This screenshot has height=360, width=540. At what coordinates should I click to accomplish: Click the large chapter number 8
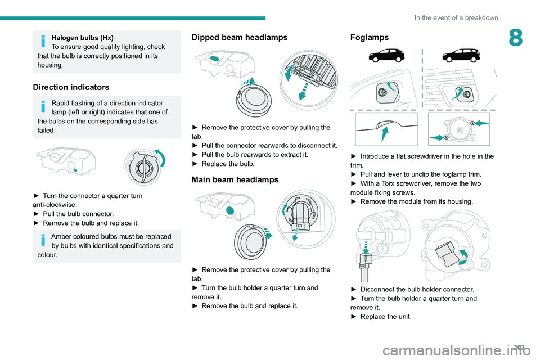click(516, 38)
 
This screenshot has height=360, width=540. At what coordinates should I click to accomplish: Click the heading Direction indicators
click(71, 87)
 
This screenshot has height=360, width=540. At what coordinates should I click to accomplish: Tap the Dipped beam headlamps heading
click(240, 37)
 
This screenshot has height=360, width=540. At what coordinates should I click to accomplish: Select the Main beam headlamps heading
click(235, 179)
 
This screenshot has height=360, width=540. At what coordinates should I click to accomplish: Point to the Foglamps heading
click(369, 37)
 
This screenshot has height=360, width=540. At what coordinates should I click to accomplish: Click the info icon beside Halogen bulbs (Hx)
click(43, 40)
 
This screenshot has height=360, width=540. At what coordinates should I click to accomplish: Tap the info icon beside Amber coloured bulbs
click(43, 240)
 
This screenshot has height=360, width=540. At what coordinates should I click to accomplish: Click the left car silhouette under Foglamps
click(386, 56)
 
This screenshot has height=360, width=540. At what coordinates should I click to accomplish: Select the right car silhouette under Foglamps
click(461, 56)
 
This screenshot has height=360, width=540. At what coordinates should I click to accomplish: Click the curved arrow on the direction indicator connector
click(161, 157)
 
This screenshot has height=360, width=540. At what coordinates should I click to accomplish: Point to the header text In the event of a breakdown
click(456, 18)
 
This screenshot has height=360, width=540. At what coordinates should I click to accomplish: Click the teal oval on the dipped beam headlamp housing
click(214, 58)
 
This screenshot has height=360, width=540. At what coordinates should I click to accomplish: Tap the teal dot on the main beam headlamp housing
click(230, 210)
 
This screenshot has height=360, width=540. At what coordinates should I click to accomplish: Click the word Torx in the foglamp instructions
click(388, 183)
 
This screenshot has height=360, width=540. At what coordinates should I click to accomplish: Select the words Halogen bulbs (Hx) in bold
click(82, 38)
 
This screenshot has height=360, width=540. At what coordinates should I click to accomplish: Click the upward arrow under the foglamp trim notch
click(385, 134)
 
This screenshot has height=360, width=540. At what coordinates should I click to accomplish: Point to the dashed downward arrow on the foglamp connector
click(366, 248)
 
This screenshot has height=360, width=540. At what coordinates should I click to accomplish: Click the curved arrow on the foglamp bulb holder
click(463, 256)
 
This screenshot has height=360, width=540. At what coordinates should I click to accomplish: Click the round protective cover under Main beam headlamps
click(250, 242)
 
